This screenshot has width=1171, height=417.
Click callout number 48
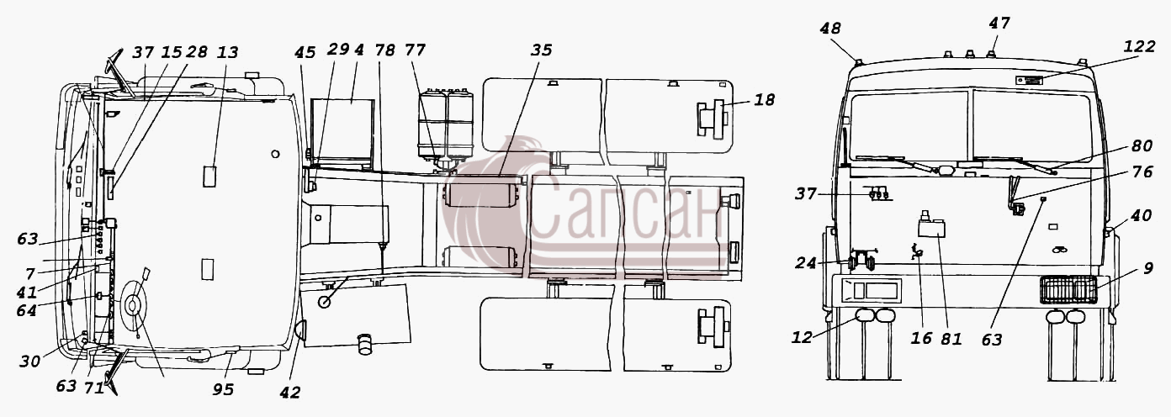pos(830,29)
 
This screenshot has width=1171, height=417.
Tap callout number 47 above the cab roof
pos(999,23)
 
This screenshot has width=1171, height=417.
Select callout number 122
pos(1139,46)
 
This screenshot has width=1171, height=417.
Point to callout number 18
pos(764,99)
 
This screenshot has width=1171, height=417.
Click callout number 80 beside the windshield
pos(1142,145)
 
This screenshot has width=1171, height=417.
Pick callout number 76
pos(1142,172)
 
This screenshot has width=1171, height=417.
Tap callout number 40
pos(1141,214)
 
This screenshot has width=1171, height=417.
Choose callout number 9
pos(1147,268)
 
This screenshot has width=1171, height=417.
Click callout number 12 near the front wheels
pos(802,338)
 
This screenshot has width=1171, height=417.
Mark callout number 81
pos(951,339)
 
